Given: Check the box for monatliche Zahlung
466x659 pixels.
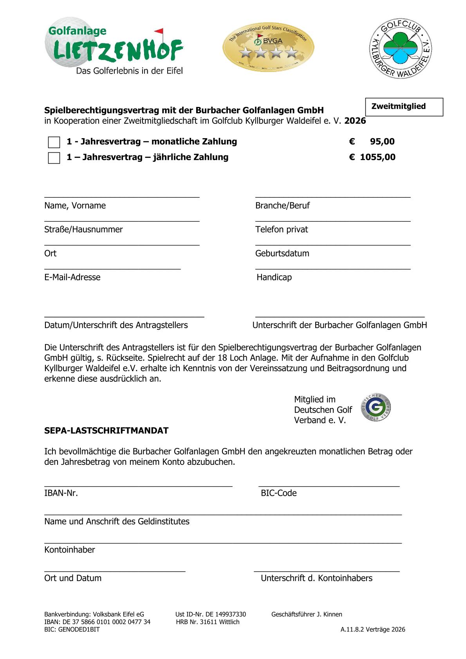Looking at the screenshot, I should [x=54, y=142].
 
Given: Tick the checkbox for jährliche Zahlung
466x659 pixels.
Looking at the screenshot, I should [x=54, y=158].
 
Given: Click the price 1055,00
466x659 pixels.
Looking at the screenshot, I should [x=377, y=157].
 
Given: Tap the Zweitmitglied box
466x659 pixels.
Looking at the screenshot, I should [x=404, y=107].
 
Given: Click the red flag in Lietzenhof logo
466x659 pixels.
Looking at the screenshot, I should [x=159, y=31].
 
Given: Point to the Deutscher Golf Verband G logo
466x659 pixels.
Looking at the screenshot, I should [x=376, y=408].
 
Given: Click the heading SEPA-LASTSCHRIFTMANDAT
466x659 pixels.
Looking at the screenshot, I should [x=106, y=431].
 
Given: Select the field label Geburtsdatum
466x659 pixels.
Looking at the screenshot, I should [x=282, y=253].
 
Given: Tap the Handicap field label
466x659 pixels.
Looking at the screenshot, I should [x=274, y=277].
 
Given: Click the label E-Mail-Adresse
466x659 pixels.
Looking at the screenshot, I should [x=72, y=277].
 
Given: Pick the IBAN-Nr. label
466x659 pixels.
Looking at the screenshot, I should [x=61, y=493].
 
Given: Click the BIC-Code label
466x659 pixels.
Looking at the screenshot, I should [x=278, y=493].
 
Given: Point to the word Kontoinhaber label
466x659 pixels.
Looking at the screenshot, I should [x=70, y=550].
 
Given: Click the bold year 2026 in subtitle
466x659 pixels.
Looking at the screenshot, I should [x=355, y=121].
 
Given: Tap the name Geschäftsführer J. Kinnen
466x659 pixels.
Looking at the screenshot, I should [x=307, y=614].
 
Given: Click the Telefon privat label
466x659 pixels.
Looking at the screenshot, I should [x=282, y=229].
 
